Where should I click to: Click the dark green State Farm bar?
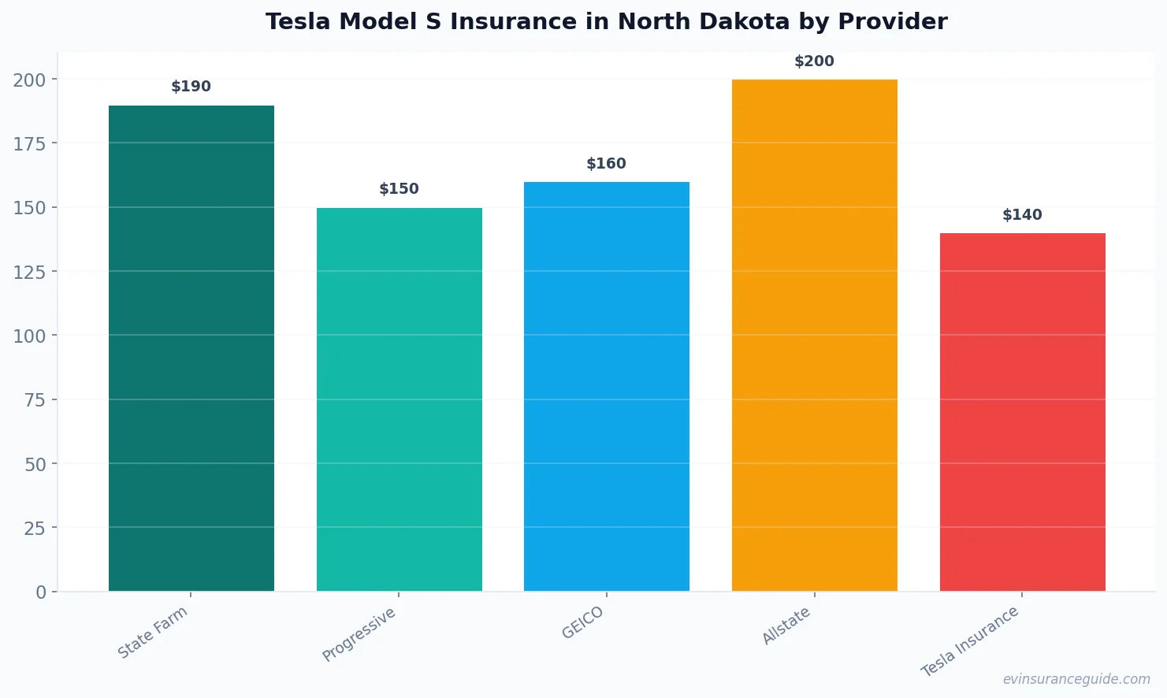tap(191, 348)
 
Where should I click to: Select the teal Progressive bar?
tap(399, 399)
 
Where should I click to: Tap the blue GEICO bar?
tap(606, 386)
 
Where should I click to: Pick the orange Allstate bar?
tap(814, 335)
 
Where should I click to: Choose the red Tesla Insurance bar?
tap(1022, 412)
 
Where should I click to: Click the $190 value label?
tap(191, 87)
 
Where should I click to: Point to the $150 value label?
tap(399, 189)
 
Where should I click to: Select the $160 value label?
tap(606, 164)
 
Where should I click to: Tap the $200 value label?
tap(814, 61)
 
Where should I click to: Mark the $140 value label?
tap(1022, 215)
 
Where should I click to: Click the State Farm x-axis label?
tap(153, 632)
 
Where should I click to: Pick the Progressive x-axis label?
tap(359, 634)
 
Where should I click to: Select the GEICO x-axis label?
tap(582, 622)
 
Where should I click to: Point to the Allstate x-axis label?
tap(786, 626)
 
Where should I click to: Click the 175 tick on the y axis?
tap(29, 143)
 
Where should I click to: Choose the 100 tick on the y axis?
tap(29, 336)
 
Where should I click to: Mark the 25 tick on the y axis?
tap(35, 528)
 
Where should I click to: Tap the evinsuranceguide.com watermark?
tap(1076, 679)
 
